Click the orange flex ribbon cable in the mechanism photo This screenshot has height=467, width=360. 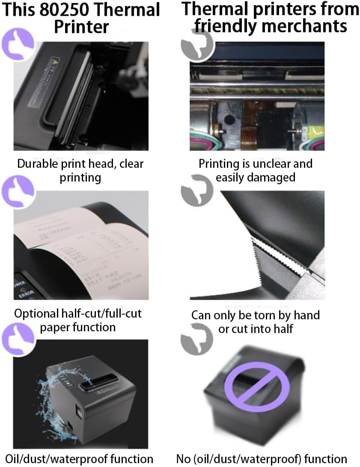pos(253,124)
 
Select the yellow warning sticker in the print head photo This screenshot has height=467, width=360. pos(54,61)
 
